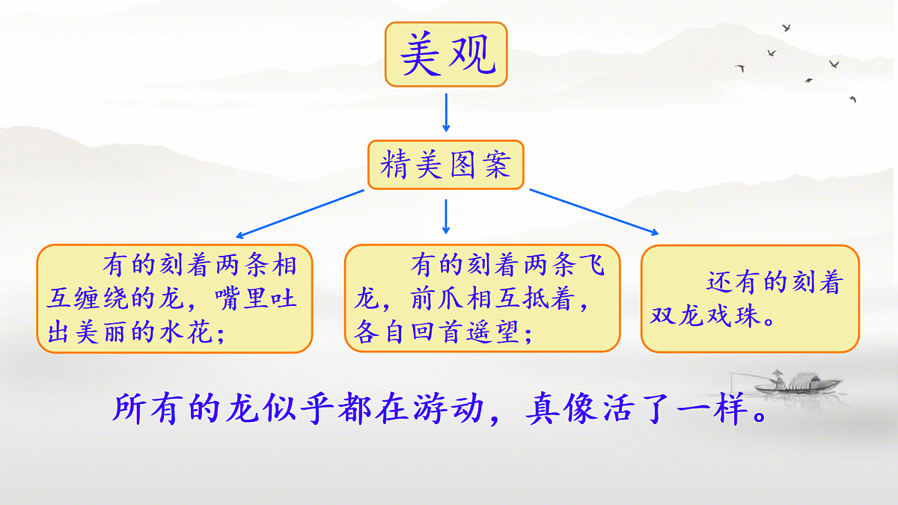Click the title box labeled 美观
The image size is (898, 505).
tap(446, 54)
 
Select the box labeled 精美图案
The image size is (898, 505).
tap(446, 165)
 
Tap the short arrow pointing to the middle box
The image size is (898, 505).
tap(446, 216)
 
